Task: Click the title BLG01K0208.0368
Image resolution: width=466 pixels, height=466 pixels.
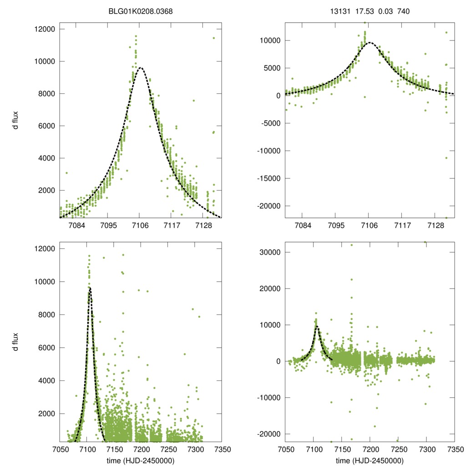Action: click(140, 11)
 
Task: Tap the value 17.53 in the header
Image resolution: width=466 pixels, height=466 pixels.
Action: click(362, 11)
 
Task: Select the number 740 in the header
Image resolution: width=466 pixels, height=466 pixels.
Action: click(404, 11)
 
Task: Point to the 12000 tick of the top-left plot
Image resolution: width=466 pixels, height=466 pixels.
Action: click(45, 29)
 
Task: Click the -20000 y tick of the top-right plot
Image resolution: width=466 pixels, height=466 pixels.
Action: click(270, 206)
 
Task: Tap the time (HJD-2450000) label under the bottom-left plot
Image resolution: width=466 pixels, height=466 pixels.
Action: click(141, 461)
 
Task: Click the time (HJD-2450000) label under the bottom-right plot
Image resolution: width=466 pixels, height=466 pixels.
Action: click(370, 461)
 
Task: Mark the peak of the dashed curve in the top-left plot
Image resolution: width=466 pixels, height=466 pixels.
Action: click(141, 68)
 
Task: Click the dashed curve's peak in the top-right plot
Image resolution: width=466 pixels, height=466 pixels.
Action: click(369, 42)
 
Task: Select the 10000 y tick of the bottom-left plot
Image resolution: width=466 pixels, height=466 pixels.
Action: click(45, 282)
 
